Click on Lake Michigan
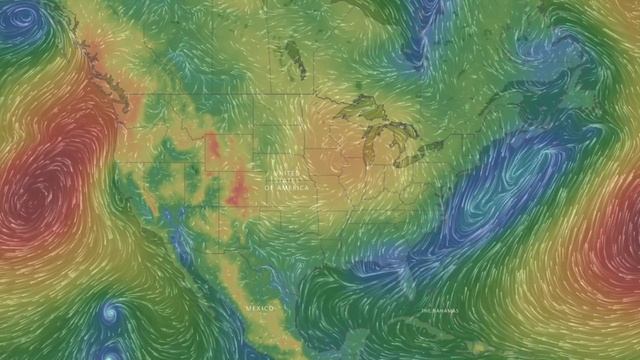pos(372,149)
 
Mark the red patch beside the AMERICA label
pos(238,186)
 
